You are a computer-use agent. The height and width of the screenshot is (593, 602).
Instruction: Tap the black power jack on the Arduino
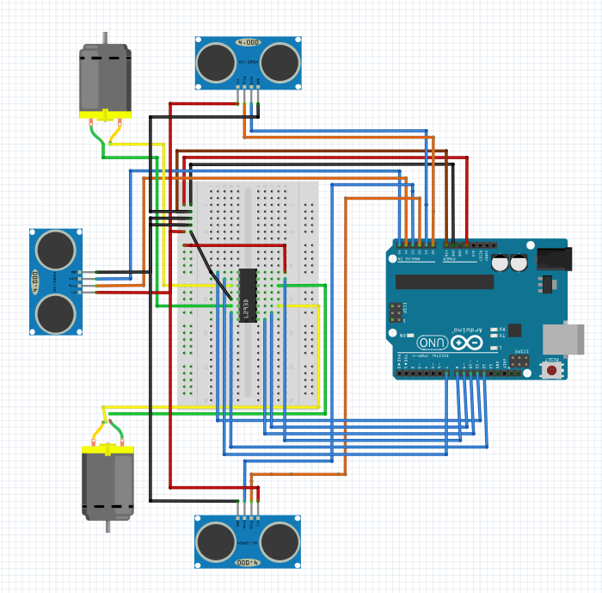554,258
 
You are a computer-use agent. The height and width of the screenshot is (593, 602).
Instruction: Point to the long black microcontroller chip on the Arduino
445,281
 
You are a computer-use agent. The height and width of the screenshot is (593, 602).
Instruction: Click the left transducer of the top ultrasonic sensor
215,61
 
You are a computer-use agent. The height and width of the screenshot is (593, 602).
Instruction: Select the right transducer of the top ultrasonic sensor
279,61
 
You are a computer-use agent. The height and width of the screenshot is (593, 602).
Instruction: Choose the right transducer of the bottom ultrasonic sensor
279,541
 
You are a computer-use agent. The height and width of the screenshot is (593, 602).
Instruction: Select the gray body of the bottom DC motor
107,486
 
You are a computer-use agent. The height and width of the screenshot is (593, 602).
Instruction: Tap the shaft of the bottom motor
107,527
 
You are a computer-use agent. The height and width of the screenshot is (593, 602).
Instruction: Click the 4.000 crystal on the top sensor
248,41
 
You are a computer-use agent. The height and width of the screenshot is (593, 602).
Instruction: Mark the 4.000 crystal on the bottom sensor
248,562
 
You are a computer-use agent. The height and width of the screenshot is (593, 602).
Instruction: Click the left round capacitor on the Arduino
498,263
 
